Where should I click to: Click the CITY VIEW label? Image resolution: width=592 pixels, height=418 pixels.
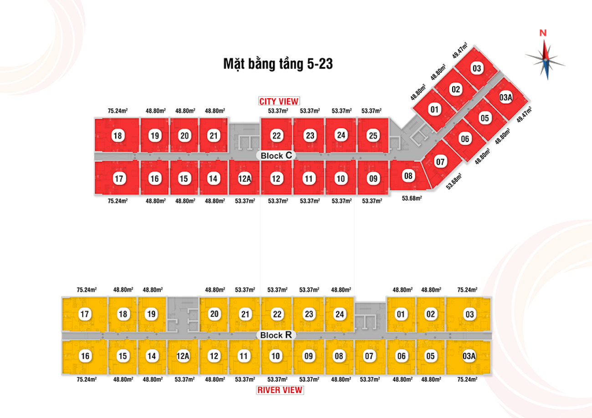pyautogui.click(x=279, y=101)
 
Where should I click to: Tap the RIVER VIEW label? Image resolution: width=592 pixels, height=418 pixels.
pyautogui.click(x=280, y=390)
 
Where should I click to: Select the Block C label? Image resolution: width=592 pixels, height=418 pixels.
pyautogui.click(x=277, y=156)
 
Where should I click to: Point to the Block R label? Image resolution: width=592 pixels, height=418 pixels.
pyautogui.click(x=277, y=335)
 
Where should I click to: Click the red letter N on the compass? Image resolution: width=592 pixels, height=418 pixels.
pyautogui.click(x=543, y=33)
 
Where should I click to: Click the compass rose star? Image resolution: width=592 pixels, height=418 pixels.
pyautogui.click(x=546, y=59)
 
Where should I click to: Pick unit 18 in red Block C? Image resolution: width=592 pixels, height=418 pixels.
pyautogui.click(x=118, y=136)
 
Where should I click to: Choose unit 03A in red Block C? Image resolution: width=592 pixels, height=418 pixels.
pyautogui.click(x=506, y=97)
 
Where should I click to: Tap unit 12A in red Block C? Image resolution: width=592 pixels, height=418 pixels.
pyautogui.click(x=245, y=179)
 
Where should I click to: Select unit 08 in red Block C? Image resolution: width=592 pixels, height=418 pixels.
pyautogui.click(x=408, y=176)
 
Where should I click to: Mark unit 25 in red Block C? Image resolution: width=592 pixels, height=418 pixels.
pyautogui.click(x=373, y=136)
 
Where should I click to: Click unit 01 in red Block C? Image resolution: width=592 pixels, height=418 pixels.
pyautogui.click(x=435, y=109)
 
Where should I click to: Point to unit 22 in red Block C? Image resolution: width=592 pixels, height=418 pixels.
pyautogui.click(x=276, y=136)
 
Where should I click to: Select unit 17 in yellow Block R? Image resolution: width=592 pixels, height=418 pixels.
pyautogui.click(x=85, y=314)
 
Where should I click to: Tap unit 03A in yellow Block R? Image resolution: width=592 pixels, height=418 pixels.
pyautogui.click(x=469, y=356)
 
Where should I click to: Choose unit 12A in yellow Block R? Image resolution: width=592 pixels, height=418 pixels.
pyautogui.click(x=183, y=356)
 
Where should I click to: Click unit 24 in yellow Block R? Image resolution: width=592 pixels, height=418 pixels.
pyautogui.click(x=340, y=314)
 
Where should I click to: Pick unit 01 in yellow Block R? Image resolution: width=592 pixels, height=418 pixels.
pyautogui.click(x=401, y=314)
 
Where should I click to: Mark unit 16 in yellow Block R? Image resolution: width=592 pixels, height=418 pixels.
pyautogui.click(x=85, y=356)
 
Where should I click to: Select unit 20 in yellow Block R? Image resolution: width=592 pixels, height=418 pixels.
pyautogui.click(x=214, y=314)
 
